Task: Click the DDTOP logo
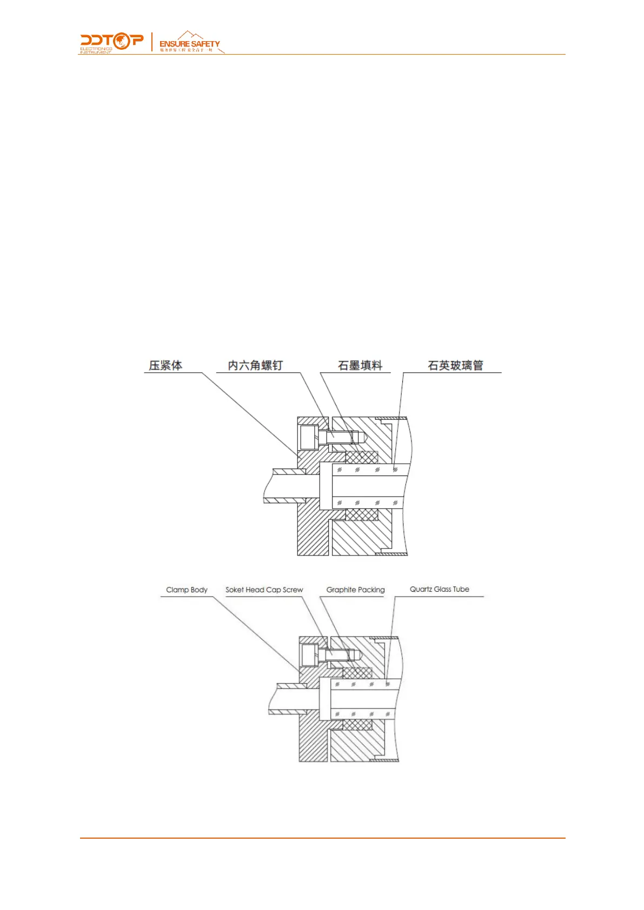(112, 41)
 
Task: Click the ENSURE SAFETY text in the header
(189, 43)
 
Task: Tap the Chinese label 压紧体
(165, 366)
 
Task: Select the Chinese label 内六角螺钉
(255, 366)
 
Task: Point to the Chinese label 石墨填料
(360, 366)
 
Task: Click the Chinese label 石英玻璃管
(455, 366)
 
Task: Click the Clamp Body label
(187, 590)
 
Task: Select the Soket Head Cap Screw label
(264, 590)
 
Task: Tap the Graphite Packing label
(355, 590)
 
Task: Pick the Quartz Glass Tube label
(439, 589)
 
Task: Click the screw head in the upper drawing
(309, 437)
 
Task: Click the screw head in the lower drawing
(309, 655)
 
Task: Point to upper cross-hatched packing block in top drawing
(361, 457)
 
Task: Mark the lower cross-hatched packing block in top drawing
(361, 514)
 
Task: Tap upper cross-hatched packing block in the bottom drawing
(357, 673)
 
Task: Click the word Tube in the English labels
(461, 589)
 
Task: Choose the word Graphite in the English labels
(341, 590)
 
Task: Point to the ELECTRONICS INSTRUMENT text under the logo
(96, 50)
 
